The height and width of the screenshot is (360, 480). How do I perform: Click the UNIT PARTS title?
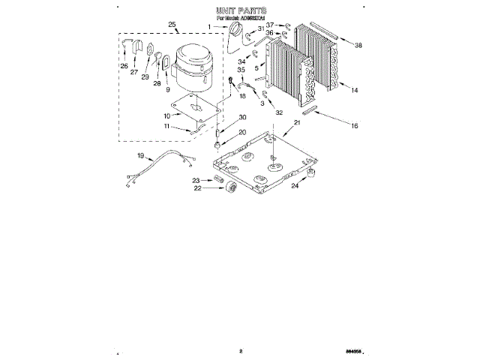(x=241, y=11)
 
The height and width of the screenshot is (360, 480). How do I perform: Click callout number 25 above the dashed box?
(x=172, y=25)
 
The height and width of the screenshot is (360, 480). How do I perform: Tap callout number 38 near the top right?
(x=358, y=46)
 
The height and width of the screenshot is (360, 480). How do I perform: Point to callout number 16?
(x=355, y=127)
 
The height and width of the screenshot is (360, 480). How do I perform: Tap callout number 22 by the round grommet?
(x=197, y=189)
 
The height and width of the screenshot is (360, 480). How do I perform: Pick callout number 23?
(x=196, y=180)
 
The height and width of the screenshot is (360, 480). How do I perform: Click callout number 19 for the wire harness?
(x=139, y=156)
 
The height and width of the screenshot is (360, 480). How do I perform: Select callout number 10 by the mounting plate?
(x=167, y=115)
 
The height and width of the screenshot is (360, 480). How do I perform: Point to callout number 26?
(x=123, y=65)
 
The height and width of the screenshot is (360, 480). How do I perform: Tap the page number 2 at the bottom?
(x=241, y=349)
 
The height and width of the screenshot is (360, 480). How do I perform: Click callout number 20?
(x=241, y=132)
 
